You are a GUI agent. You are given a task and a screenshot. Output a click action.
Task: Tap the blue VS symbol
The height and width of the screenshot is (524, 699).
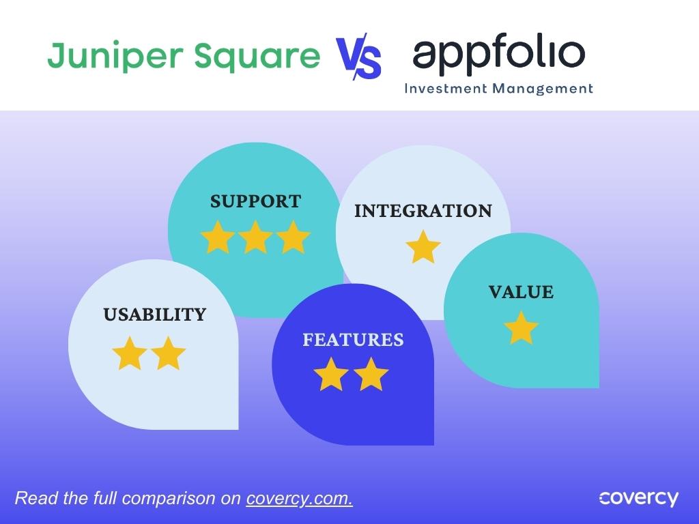358,57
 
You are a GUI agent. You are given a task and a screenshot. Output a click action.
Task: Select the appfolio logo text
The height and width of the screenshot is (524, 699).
498,55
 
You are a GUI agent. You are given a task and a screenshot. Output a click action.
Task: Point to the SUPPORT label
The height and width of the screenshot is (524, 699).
255,201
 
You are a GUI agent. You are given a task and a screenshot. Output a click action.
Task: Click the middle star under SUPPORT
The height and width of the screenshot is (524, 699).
256,237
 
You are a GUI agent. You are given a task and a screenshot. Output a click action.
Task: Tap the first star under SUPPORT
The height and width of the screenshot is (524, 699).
218,237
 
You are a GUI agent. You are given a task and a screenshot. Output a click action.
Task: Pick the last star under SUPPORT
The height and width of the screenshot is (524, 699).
294,237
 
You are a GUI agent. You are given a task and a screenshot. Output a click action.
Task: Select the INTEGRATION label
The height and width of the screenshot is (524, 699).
423,211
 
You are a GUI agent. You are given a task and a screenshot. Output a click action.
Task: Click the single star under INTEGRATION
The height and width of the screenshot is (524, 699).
423,247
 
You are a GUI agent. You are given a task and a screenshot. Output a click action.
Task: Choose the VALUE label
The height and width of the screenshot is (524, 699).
521,292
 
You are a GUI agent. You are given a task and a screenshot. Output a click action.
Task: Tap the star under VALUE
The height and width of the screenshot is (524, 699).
522,328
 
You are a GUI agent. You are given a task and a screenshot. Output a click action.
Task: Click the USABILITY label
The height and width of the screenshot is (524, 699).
154,315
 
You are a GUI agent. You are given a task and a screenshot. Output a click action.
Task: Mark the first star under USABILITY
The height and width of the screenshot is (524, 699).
129,353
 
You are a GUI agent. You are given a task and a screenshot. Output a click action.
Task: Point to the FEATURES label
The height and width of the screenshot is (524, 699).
353,339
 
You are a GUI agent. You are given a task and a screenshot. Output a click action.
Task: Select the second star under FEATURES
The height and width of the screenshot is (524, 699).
372,375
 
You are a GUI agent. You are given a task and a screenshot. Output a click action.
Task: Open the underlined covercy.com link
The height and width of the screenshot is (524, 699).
299,498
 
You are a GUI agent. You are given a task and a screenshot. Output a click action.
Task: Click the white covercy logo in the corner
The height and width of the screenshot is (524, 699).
638,498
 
